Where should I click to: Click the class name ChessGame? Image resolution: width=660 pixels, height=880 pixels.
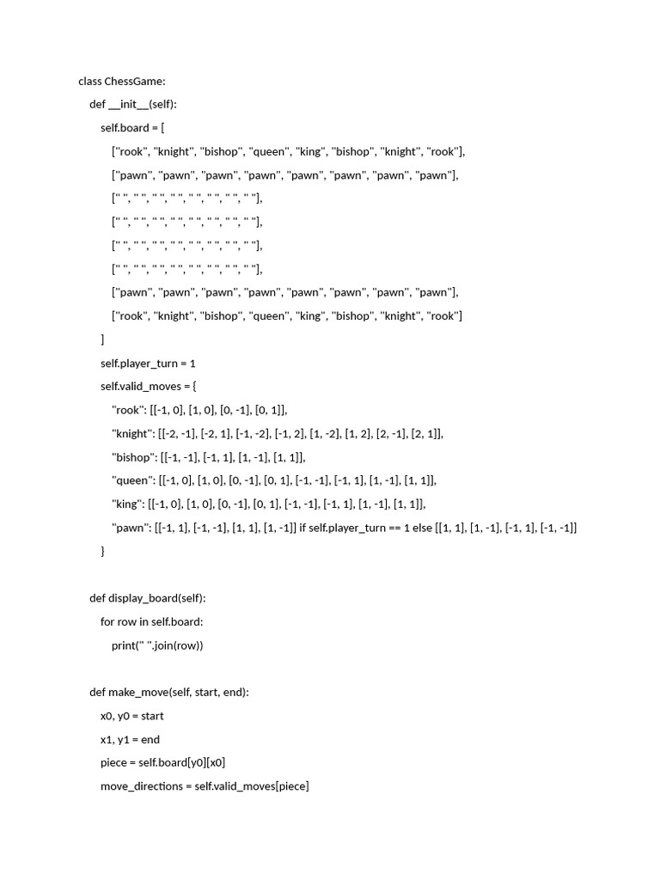135,82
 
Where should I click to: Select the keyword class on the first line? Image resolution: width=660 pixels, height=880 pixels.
90,82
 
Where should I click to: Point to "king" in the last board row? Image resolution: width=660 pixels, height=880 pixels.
310,316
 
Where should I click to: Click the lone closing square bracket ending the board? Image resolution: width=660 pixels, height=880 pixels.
102,339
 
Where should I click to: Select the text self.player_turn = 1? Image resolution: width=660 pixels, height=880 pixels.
148,364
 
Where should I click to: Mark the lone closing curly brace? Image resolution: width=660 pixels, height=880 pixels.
103,551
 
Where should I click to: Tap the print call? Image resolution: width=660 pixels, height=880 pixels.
123,645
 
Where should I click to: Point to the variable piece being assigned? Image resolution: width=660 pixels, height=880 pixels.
113,762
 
